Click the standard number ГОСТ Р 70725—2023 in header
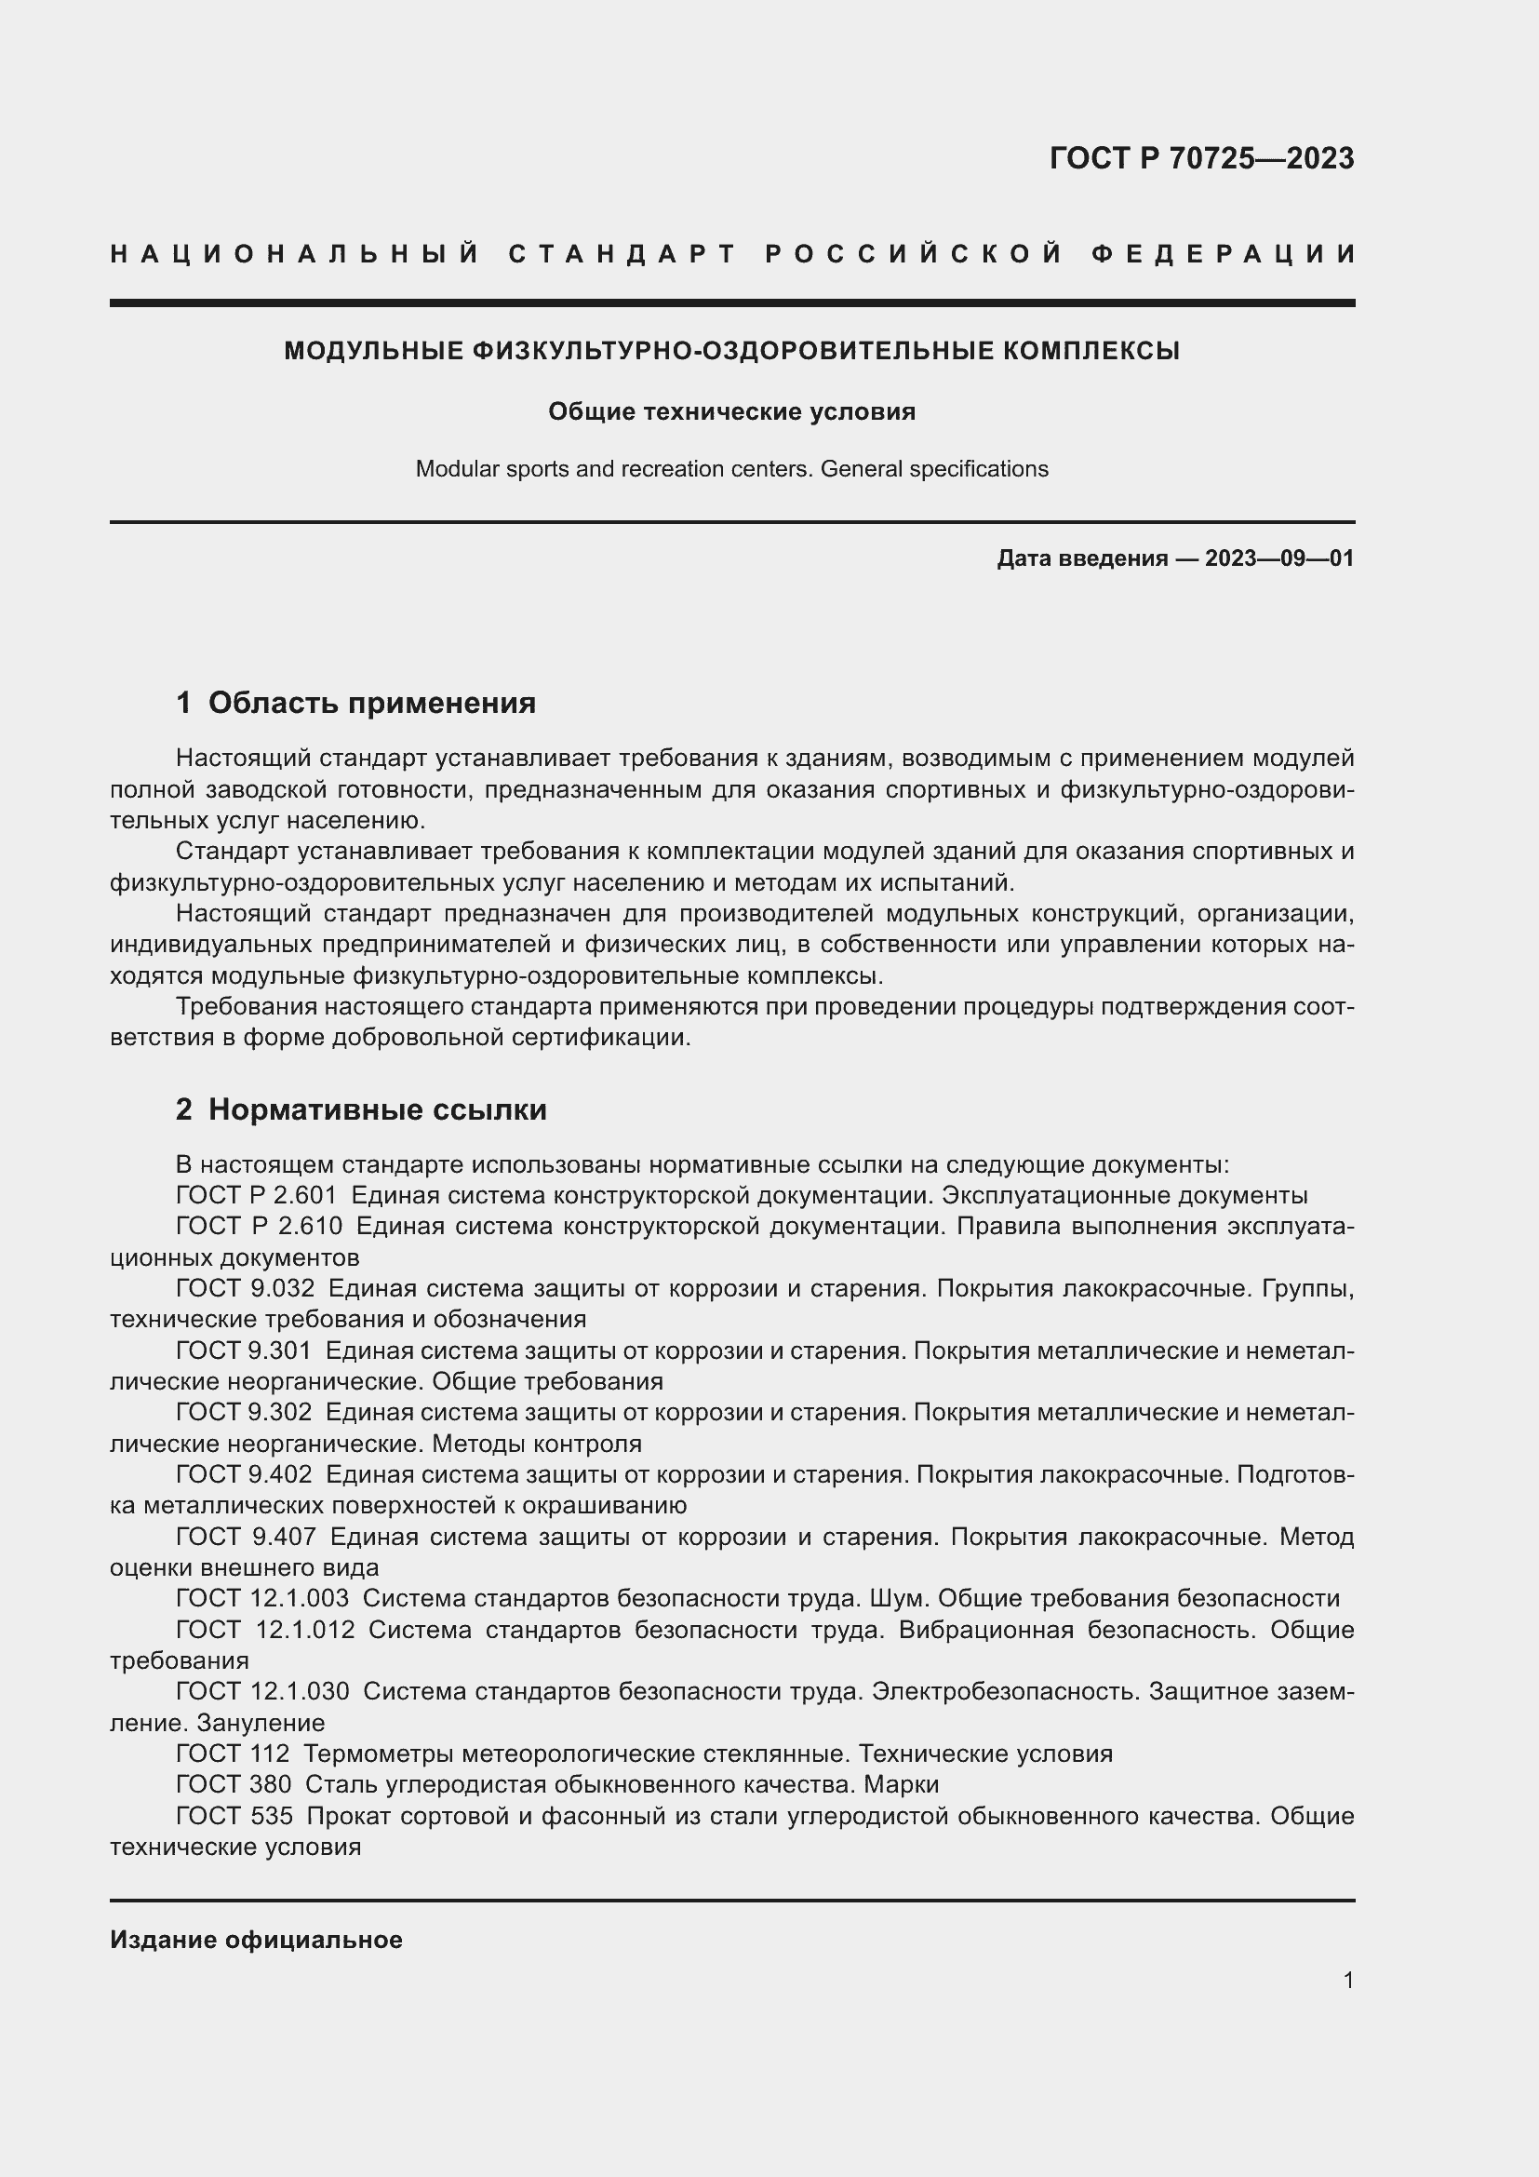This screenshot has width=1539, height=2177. tap(1200, 158)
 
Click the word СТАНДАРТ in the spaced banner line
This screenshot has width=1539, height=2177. tap(622, 254)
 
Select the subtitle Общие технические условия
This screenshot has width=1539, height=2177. tap(731, 411)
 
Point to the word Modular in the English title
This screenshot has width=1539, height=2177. tap(450, 469)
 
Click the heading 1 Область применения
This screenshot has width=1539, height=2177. tap(355, 703)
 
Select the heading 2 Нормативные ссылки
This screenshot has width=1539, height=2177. tap(361, 1109)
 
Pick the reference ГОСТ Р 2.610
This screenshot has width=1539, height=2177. tap(259, 1226)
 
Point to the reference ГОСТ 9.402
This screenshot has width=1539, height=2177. tap(244, 1474)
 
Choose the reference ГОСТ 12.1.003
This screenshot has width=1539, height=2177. tap(261, 1598)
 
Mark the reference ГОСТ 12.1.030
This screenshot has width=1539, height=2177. tap(261, 1690)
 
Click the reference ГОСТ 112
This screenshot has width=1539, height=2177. tap(233, 1754)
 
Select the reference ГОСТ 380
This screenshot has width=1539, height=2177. tap(234, 1784)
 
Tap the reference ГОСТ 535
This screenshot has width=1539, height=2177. tap(234, 1816)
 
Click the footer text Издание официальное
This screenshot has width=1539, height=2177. tap(256, 1940)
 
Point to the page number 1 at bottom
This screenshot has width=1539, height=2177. tap(1347, 1980)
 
